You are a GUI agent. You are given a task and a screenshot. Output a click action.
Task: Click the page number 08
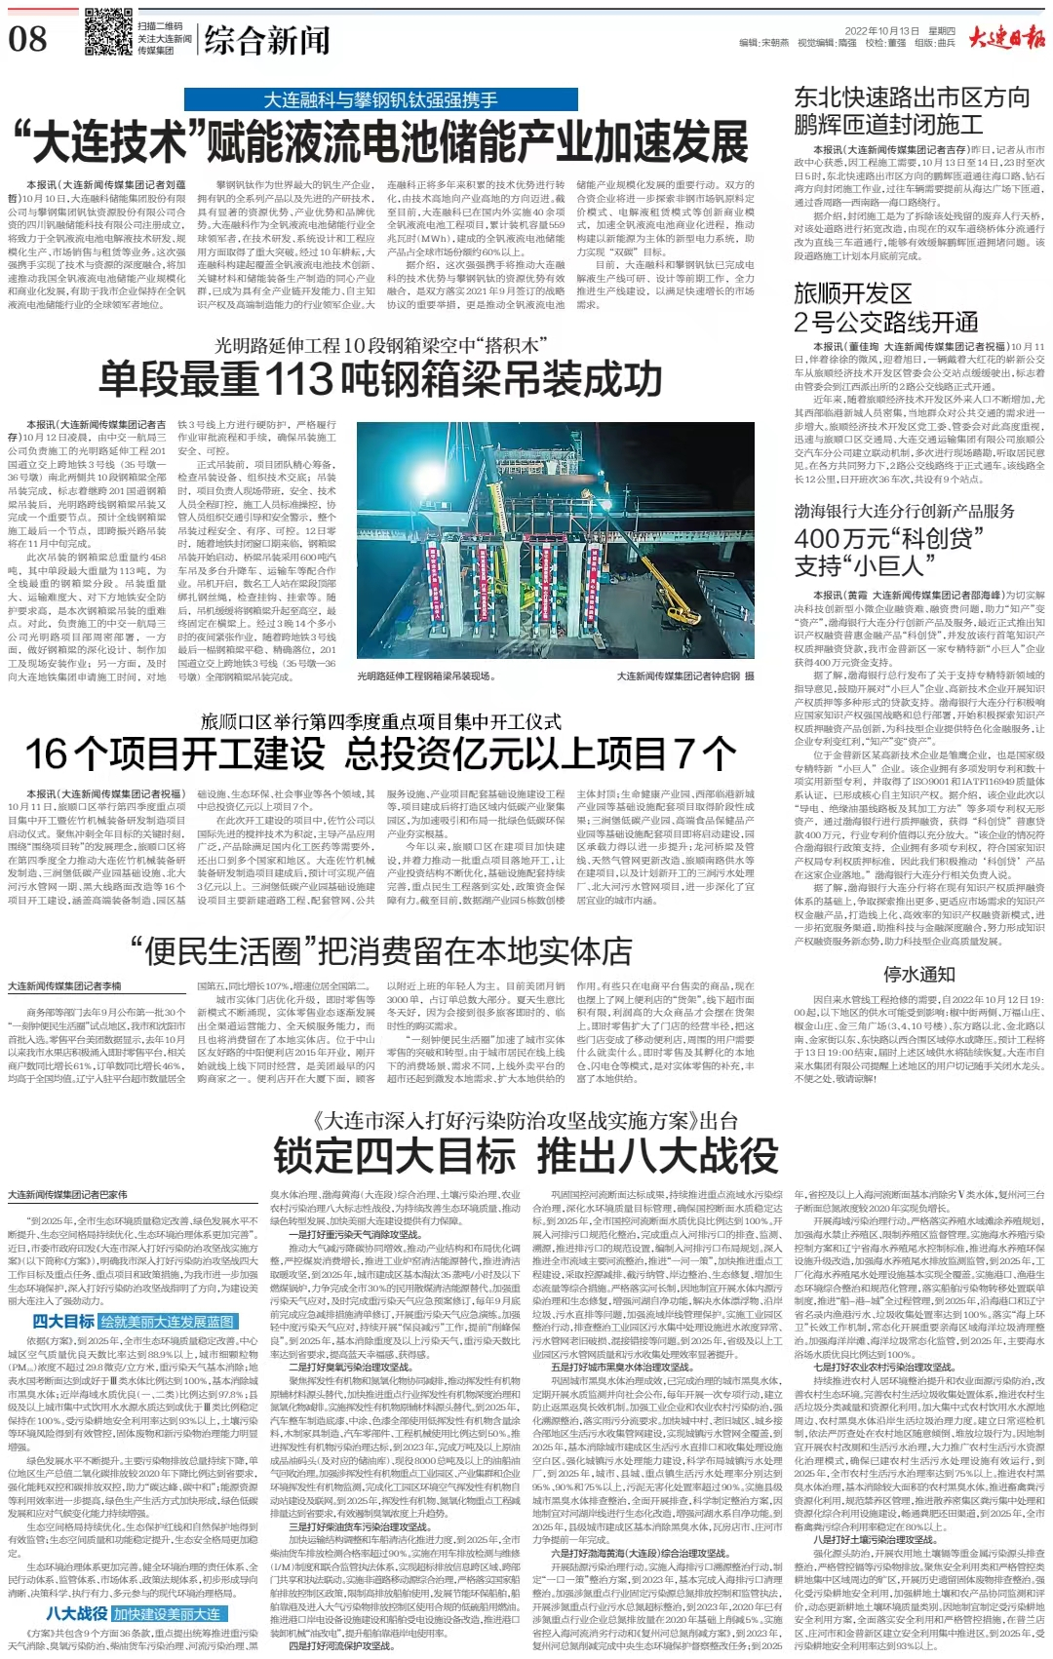point(28,38)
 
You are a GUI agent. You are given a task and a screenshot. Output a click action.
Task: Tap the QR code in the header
point(108,31)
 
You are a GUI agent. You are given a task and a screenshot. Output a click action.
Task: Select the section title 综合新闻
point(267,40)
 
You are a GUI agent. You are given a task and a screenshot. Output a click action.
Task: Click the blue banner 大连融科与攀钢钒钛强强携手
point(380,99)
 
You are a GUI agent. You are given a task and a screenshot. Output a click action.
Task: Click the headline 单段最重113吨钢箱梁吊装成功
point(380,377)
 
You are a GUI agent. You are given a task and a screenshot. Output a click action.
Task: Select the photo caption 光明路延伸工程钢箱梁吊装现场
point(423,675)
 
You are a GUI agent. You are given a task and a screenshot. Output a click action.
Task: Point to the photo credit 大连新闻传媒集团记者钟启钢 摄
point(684,675)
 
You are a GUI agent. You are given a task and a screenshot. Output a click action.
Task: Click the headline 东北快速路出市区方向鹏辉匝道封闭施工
point(912,110)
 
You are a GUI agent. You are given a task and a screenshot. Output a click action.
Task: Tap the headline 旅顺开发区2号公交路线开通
point(886,308)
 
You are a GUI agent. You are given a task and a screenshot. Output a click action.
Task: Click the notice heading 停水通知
point(918,974)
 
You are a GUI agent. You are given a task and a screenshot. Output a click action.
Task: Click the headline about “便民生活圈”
point(380,951)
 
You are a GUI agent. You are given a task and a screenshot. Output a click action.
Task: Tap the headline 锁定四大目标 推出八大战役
point(526,1155)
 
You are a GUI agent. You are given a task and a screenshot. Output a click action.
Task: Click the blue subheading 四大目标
point(63,1322)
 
